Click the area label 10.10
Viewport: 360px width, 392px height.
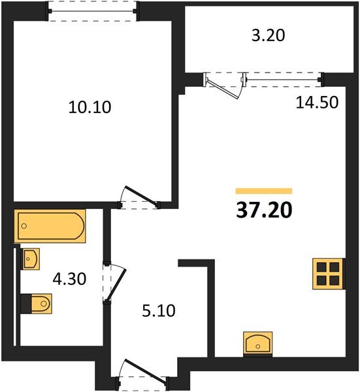pos(90,106)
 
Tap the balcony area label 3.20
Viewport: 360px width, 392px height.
pos(269,36)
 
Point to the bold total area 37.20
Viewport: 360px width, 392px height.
pos(264,211)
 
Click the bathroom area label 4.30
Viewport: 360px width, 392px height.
pos(69,278)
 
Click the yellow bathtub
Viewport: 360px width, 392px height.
pos(50,225)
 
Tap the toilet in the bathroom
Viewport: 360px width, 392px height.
pos(38,303)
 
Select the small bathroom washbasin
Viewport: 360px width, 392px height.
pos(31,259)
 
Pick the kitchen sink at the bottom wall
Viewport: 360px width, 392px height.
pos(258,343)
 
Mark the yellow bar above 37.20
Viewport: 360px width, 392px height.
pos(263,191)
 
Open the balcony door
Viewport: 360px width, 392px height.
pos(223,84)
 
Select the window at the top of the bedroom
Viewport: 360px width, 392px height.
pos(93,11)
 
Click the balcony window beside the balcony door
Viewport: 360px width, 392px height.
pos(286,80)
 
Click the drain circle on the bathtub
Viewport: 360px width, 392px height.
pos(24,226)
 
